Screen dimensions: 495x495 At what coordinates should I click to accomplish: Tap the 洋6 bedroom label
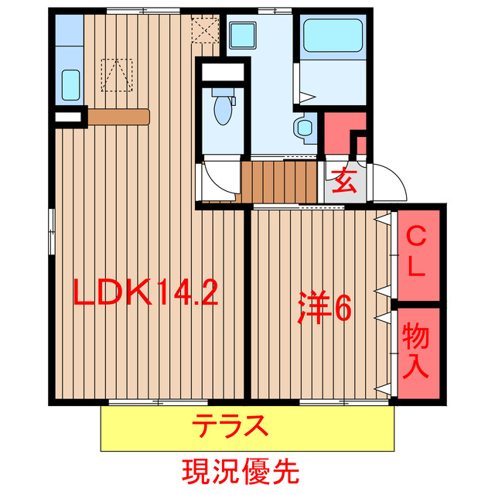coord(326,308)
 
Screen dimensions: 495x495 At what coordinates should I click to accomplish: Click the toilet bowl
coord(222,108)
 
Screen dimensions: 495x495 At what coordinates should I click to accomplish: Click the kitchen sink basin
coord(70,82)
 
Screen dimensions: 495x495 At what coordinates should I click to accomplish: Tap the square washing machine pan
coord(245,34)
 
